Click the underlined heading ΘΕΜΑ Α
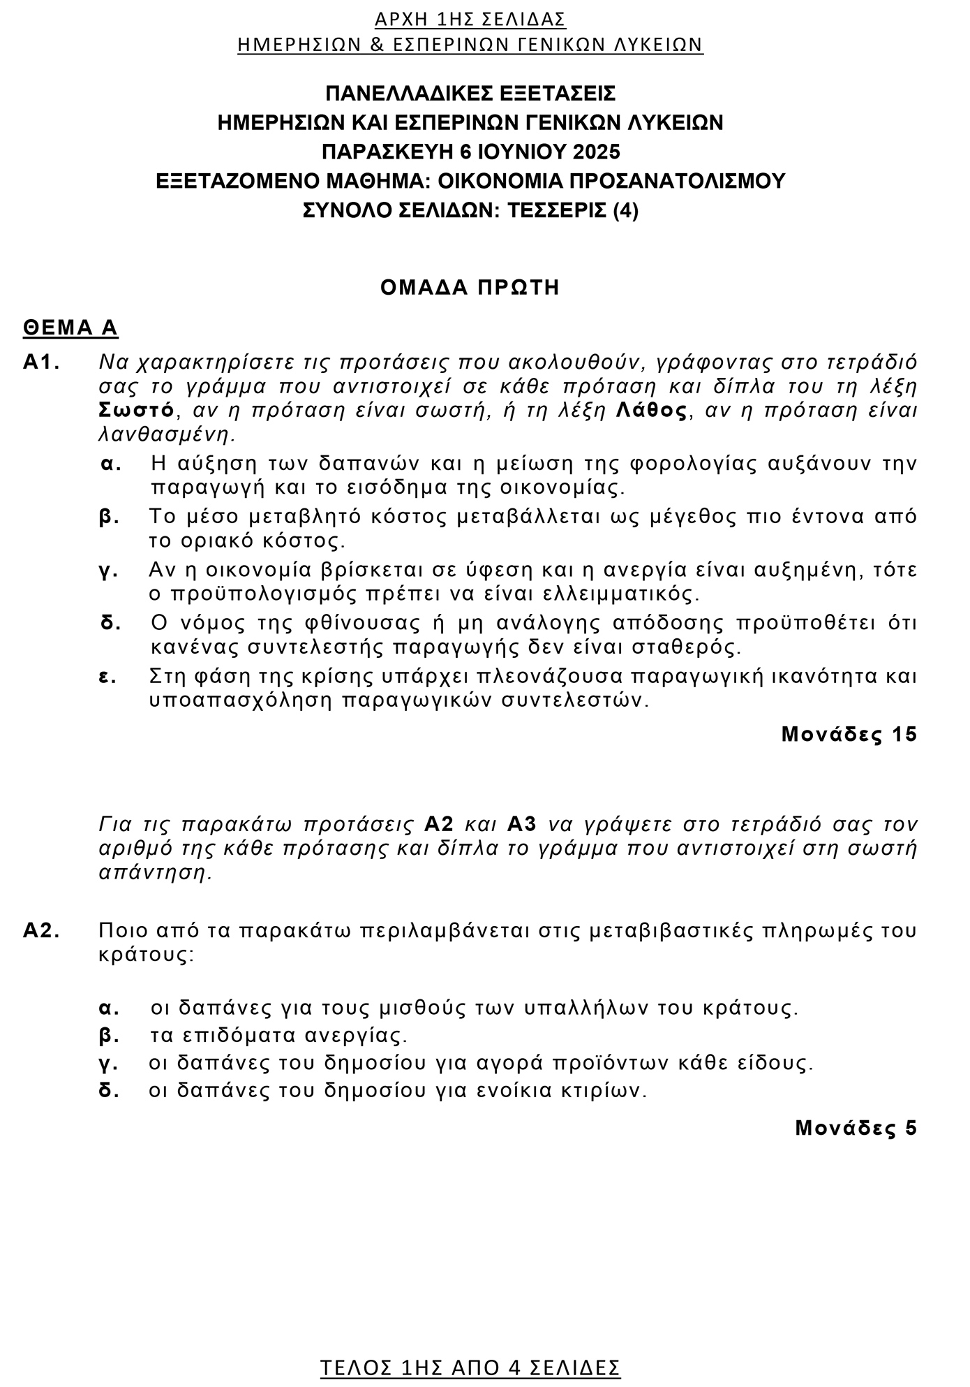coord(70,328)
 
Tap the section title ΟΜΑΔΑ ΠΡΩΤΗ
coord(470,288)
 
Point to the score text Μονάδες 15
coord(849,734)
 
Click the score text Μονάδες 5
coord(856,1128)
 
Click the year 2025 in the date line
coord(596,152)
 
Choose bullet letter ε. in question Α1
coord(108,676)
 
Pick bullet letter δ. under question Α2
coord(109,1090)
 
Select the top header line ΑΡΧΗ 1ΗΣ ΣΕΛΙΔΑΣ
coord(470,19)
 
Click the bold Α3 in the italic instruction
coord(522,824)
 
